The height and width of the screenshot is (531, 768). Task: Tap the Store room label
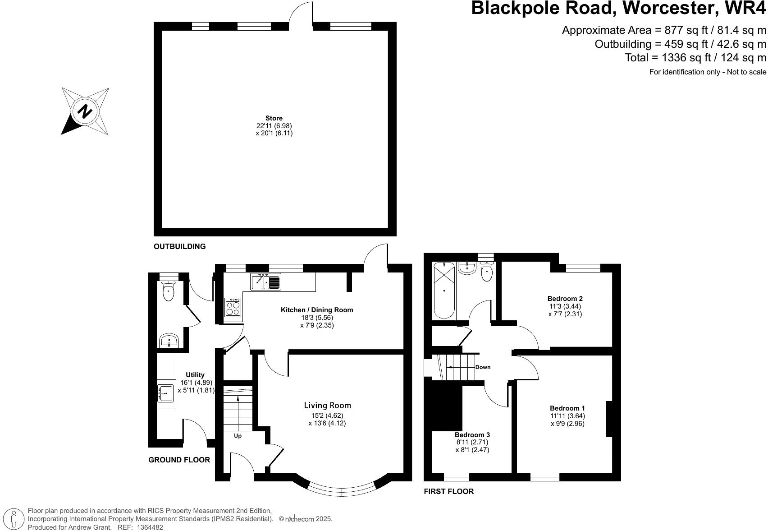tap(274, 118)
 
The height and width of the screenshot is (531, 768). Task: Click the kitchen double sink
tap(265, 282)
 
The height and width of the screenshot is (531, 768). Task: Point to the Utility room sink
tap(165, 393)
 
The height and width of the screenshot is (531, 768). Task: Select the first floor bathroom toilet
tap(486, 272)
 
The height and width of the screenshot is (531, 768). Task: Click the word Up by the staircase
tap(238, 436)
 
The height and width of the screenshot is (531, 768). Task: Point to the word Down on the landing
tap(483, 367)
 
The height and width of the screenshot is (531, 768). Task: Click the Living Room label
tap(327, 406)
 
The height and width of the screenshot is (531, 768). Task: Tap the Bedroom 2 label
tap(565, 299)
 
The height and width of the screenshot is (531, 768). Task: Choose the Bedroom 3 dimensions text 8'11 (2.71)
tap(472, 443)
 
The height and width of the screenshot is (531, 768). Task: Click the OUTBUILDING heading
tap(179, 246)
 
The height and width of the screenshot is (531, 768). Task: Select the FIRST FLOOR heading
tap(448, 492)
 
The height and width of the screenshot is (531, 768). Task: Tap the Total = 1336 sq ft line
tap(695, 58)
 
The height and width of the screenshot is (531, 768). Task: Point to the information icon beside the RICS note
tap(14, 519)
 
